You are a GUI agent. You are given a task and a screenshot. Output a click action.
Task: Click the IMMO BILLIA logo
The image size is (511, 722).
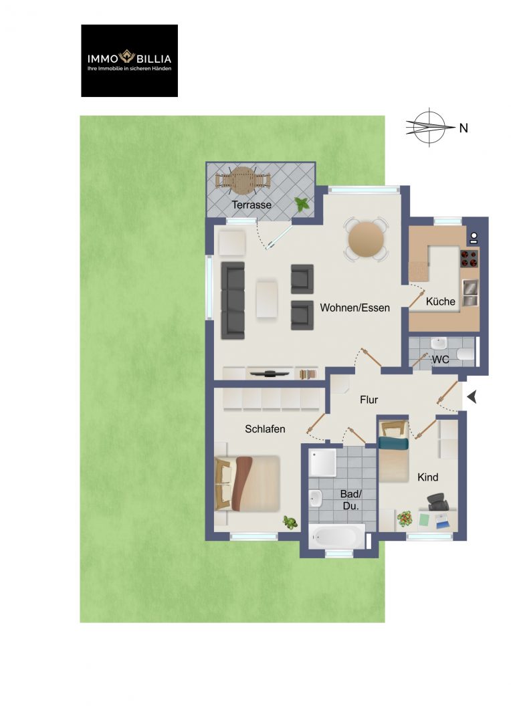pyautogui.click(x=130, y=61)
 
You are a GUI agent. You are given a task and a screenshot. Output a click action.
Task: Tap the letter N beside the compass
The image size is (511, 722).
pyautogui.click(x=464, y=128)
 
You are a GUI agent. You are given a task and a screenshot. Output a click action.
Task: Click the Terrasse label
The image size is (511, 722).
pyautogui.click(x=251, y=205)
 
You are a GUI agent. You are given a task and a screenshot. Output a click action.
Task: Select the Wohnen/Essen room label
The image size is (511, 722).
pyautogui.click(x=354, y=308)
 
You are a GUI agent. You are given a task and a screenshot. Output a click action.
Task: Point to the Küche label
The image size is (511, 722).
pyautogui.click(x=441, y=302)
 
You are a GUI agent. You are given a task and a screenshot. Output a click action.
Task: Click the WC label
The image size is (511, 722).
pyautogui.click(x=441, y=360)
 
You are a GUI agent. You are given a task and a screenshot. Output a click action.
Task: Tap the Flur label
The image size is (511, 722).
pyautogui.click(x=369, y=400)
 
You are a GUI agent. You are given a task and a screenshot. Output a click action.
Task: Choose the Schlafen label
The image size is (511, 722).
pyautogui.click(x=265, y=429)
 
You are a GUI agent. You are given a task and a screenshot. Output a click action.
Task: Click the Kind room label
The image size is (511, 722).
pyautogui.click(x=427, y=477)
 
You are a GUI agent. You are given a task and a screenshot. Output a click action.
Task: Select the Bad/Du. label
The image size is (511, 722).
pyautogui.click(x=351, y=500)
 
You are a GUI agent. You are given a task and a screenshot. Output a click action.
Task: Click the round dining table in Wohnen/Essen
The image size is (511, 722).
pyautogui.click(x=366, y=239)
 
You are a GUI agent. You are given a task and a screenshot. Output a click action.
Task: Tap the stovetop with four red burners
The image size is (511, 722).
pyautogui.click(x=469, y=258)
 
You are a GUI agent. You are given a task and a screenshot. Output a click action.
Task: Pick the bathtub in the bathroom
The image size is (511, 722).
pyautogui.click(x=337, y=536)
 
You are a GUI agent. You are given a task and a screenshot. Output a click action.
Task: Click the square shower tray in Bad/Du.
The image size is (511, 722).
pyautogui.click(x=322, y=463)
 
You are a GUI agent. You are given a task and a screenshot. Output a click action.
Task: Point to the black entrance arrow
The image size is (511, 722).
pyautogui.click(x=472, y=397)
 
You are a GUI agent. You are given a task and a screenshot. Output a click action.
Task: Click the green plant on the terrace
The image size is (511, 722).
pyautogui.click(x=302, y=203)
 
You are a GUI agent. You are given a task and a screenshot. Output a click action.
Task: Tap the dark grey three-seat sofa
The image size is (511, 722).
pyautogui.click(x=233, y=300)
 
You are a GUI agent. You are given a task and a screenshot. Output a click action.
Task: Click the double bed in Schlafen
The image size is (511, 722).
pyautogui.click(x=247, y=483)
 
